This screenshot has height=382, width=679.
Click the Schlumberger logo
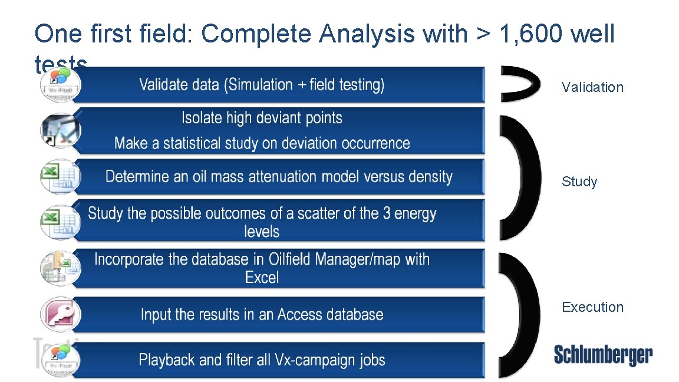click(603, 355)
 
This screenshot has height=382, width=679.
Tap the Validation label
click(592, 87)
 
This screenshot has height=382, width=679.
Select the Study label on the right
click(579, 182)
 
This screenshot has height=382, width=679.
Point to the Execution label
click(592, 307)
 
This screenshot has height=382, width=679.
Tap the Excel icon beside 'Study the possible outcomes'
click(60, 220)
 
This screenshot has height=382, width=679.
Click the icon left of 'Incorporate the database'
click(60, 268)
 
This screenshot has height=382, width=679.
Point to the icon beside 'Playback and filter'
click(60, 360)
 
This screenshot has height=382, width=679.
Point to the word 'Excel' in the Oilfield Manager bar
click(262, 277)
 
